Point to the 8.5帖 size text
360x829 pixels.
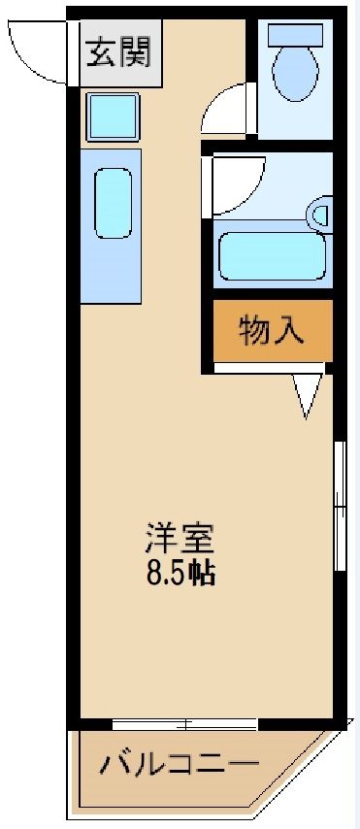tap(180, 573)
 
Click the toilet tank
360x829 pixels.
tap(295, 33)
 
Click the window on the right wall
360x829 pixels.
tap(339, 505)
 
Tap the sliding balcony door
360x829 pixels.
tap(184, 723)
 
